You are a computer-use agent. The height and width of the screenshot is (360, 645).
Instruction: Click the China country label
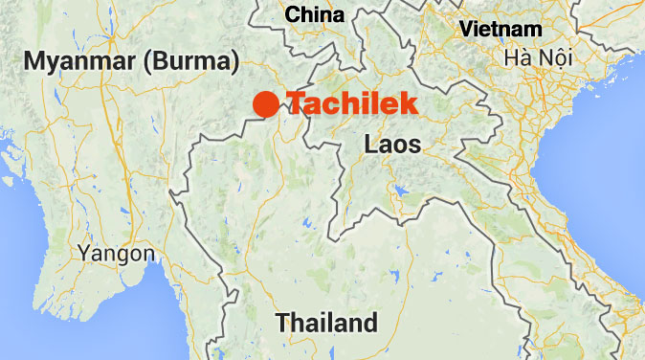[x=315, y=14]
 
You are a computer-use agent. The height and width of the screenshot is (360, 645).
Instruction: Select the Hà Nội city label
[x=539, y=58]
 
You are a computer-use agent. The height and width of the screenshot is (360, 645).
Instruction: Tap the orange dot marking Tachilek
[x=267, y=104]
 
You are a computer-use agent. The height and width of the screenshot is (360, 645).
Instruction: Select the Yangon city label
[x=116, y=254]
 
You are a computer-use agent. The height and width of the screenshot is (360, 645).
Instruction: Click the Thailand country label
[x=326, y=323]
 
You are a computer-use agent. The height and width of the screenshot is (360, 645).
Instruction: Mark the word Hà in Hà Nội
[x=520, y=58]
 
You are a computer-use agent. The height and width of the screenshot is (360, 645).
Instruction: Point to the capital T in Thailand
[x=282, y=323]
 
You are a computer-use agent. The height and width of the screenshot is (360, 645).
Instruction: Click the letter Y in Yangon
[x=86, y=254]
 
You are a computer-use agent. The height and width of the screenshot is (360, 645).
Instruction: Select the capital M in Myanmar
[x=34, y=62]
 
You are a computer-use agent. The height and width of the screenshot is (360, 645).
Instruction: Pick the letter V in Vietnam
[x=466, y=29]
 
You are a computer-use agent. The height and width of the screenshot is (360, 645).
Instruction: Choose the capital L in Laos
[x=369, y=145]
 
